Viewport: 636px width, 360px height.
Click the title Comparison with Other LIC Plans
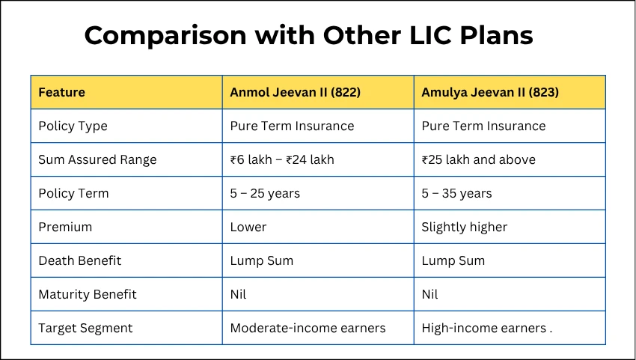pyautogui.click(x=308, y=35)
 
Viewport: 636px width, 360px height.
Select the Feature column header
pyautogui.click(x=61, y=93)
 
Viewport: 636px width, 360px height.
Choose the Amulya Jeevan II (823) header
pyautogui.click(x=490, y=93)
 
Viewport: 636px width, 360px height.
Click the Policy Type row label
pyautogui.click(x=73, y=126)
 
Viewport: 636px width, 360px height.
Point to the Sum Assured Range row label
pyautogui.click(x=97, y=159)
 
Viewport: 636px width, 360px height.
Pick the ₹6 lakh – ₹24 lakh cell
pyautogui.click(x=282, y=159)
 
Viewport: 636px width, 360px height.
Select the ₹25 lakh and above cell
pyautogui.click(x=479, y=159)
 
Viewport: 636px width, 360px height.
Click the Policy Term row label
pyautogui.click(x=73, y=193)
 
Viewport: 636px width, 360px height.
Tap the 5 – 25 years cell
pyautogui.click(x=265, y=193)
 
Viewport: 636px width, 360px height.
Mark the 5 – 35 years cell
pyautogui.click(x=456, y=193)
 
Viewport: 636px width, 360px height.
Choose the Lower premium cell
pyautogui.click(x=248, y=227)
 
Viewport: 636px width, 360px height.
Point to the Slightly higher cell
pyautogui.click(x=465, y=227)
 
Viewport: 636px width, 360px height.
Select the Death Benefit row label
pyautogui.click(x=79, y=260)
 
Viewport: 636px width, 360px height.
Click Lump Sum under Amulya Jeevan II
pyautogui.click(x=453, y=260)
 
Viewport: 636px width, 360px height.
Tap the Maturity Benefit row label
pyautogui.click(x=88, y=294)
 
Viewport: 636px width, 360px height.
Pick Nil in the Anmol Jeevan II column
pyautogui.click(x=238, y=294)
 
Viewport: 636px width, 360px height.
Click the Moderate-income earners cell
pyautogui.click(x=308, y=328)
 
